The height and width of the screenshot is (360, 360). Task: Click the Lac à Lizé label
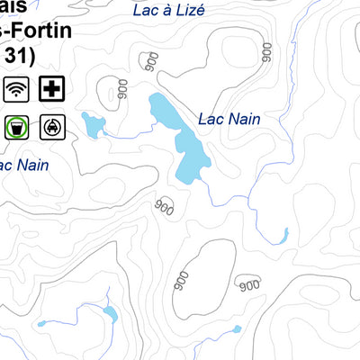pyautogui.click(x=168, y=11)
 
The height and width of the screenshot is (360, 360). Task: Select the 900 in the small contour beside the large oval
pyautogui.click(x=247, y=285)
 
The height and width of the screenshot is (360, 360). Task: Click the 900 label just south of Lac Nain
pyautogui.click(x=163, y=206)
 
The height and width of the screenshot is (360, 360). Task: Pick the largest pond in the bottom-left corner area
pyautogui.click(x=110, y=314)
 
